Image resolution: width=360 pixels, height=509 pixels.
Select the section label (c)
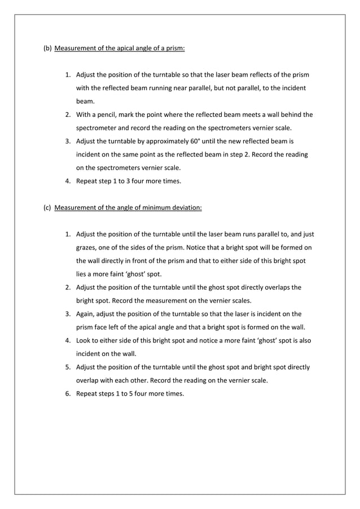[x=47, y=208]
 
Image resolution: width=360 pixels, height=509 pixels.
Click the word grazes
[x=87, y=248]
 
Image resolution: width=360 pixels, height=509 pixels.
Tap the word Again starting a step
[x=86, y=314]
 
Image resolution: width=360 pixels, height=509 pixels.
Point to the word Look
[x=85, y=341]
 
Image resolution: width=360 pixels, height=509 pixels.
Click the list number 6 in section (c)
[x=67, y=394]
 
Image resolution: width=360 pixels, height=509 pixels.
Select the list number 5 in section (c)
[x=67, y=367]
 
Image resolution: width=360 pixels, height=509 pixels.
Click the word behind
[x=290, y=115]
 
